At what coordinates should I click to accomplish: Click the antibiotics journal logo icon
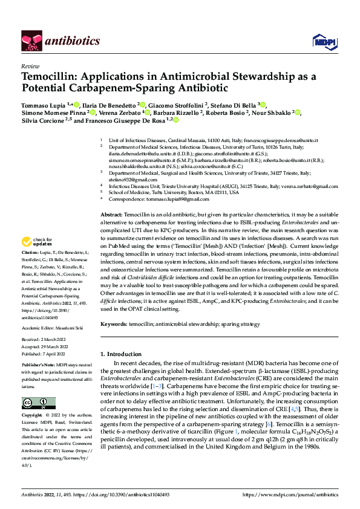point(31,41)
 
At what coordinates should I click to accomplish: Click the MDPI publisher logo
point(321,41)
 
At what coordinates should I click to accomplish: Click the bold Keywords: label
point(114,323)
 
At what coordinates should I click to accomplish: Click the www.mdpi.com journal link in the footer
point(289,495)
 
